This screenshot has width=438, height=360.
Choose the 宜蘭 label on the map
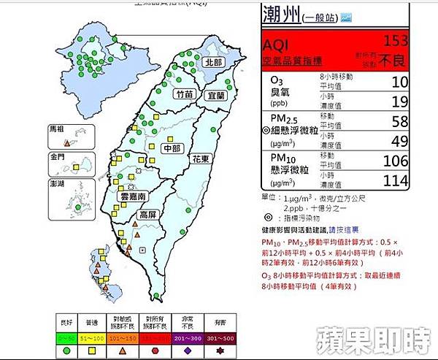tap(216, 95)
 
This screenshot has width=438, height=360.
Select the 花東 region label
tap(201, 158)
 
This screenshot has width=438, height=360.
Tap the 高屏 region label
tap(147, 215)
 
